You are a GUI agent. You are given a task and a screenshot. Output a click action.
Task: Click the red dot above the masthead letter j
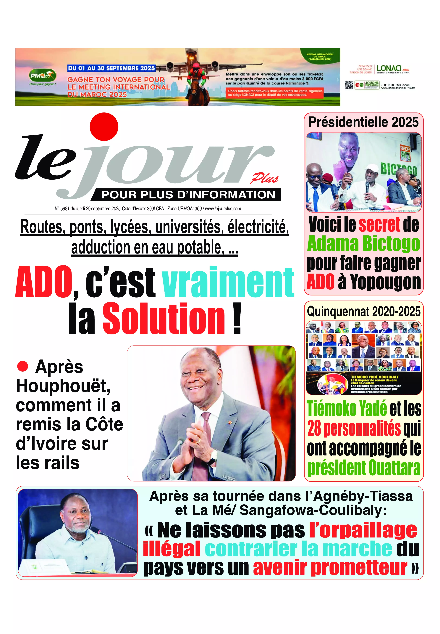pyautogui.click(x=104, y=127)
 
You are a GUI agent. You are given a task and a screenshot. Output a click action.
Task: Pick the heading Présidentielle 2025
pyautogui.click(x=363, y=122)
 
